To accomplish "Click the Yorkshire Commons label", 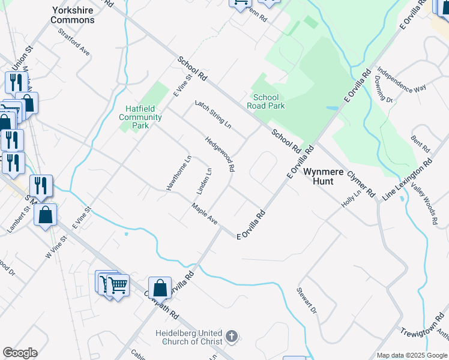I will point(73,15).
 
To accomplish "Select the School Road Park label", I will point(266,101).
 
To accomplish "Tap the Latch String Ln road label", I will point(212,114).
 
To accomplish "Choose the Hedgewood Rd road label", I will point(220,154).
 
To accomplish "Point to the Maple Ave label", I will point(205,213).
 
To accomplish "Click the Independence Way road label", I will point(402,79).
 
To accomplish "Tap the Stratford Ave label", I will point(74,43).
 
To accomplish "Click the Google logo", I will point(20,352).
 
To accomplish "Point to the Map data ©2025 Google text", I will point(412,355).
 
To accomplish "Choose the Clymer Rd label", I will point(361,184).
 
